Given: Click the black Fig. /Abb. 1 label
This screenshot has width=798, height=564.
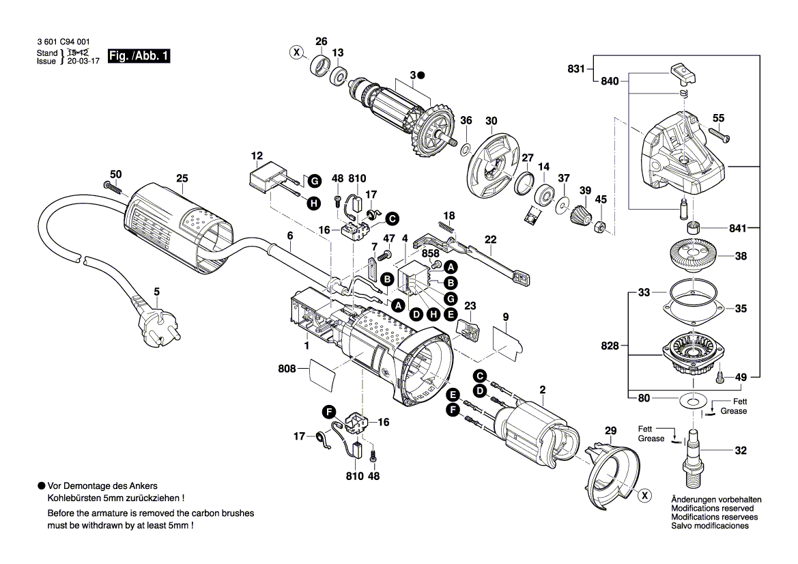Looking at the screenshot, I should (139, 57).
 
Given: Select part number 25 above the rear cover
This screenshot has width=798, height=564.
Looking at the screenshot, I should (182, 179).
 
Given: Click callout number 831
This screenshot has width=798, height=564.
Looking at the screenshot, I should (576, 68).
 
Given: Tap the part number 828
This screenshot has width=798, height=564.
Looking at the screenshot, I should (610, 346).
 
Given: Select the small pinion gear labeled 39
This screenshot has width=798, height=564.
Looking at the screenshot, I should (579, 216).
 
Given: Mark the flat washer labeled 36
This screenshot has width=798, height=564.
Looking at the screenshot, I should (465, 148).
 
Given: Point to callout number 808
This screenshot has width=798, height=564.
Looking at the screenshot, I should (287, 369).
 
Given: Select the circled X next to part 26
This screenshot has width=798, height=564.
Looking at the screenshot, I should (296, 53).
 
